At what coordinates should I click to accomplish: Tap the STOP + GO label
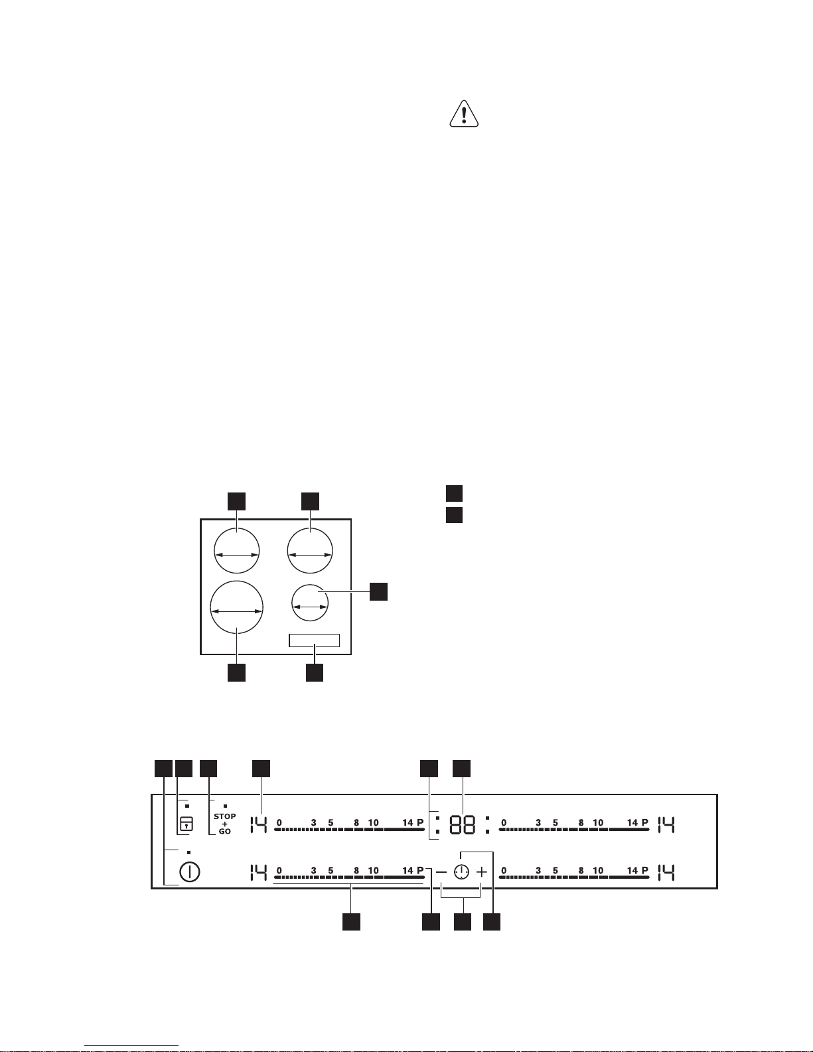pyautogui.click(x=224, y=824)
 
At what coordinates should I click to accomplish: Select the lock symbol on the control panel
pyautogui.click(x=186, y=824)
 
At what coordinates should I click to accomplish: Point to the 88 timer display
pyautogui.click(x=462, y=824)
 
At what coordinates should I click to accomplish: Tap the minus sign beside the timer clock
pyautogui.click(x=441, y=872)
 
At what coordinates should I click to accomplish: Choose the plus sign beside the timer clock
pyautogui.click(x=482, y=872)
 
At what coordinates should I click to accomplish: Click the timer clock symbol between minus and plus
pyautogui.click(x=462, y=872)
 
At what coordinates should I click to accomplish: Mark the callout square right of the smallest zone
pyautogui.click(x=378, y=591)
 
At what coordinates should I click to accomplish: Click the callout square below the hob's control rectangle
pyautogui.click(x=315, y=672)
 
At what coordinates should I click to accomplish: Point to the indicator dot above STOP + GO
pyautogui.click(x=225, y=806)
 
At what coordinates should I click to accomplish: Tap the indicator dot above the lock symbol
pyautogui.click(x=186, y=806)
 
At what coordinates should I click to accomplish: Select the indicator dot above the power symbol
pyautogui.click(x=188, y=852)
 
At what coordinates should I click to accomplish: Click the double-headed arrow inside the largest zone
pyautogui.click(x=237, y=611)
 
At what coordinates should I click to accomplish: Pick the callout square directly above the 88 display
pyautogui.click(x=462, y=769)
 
